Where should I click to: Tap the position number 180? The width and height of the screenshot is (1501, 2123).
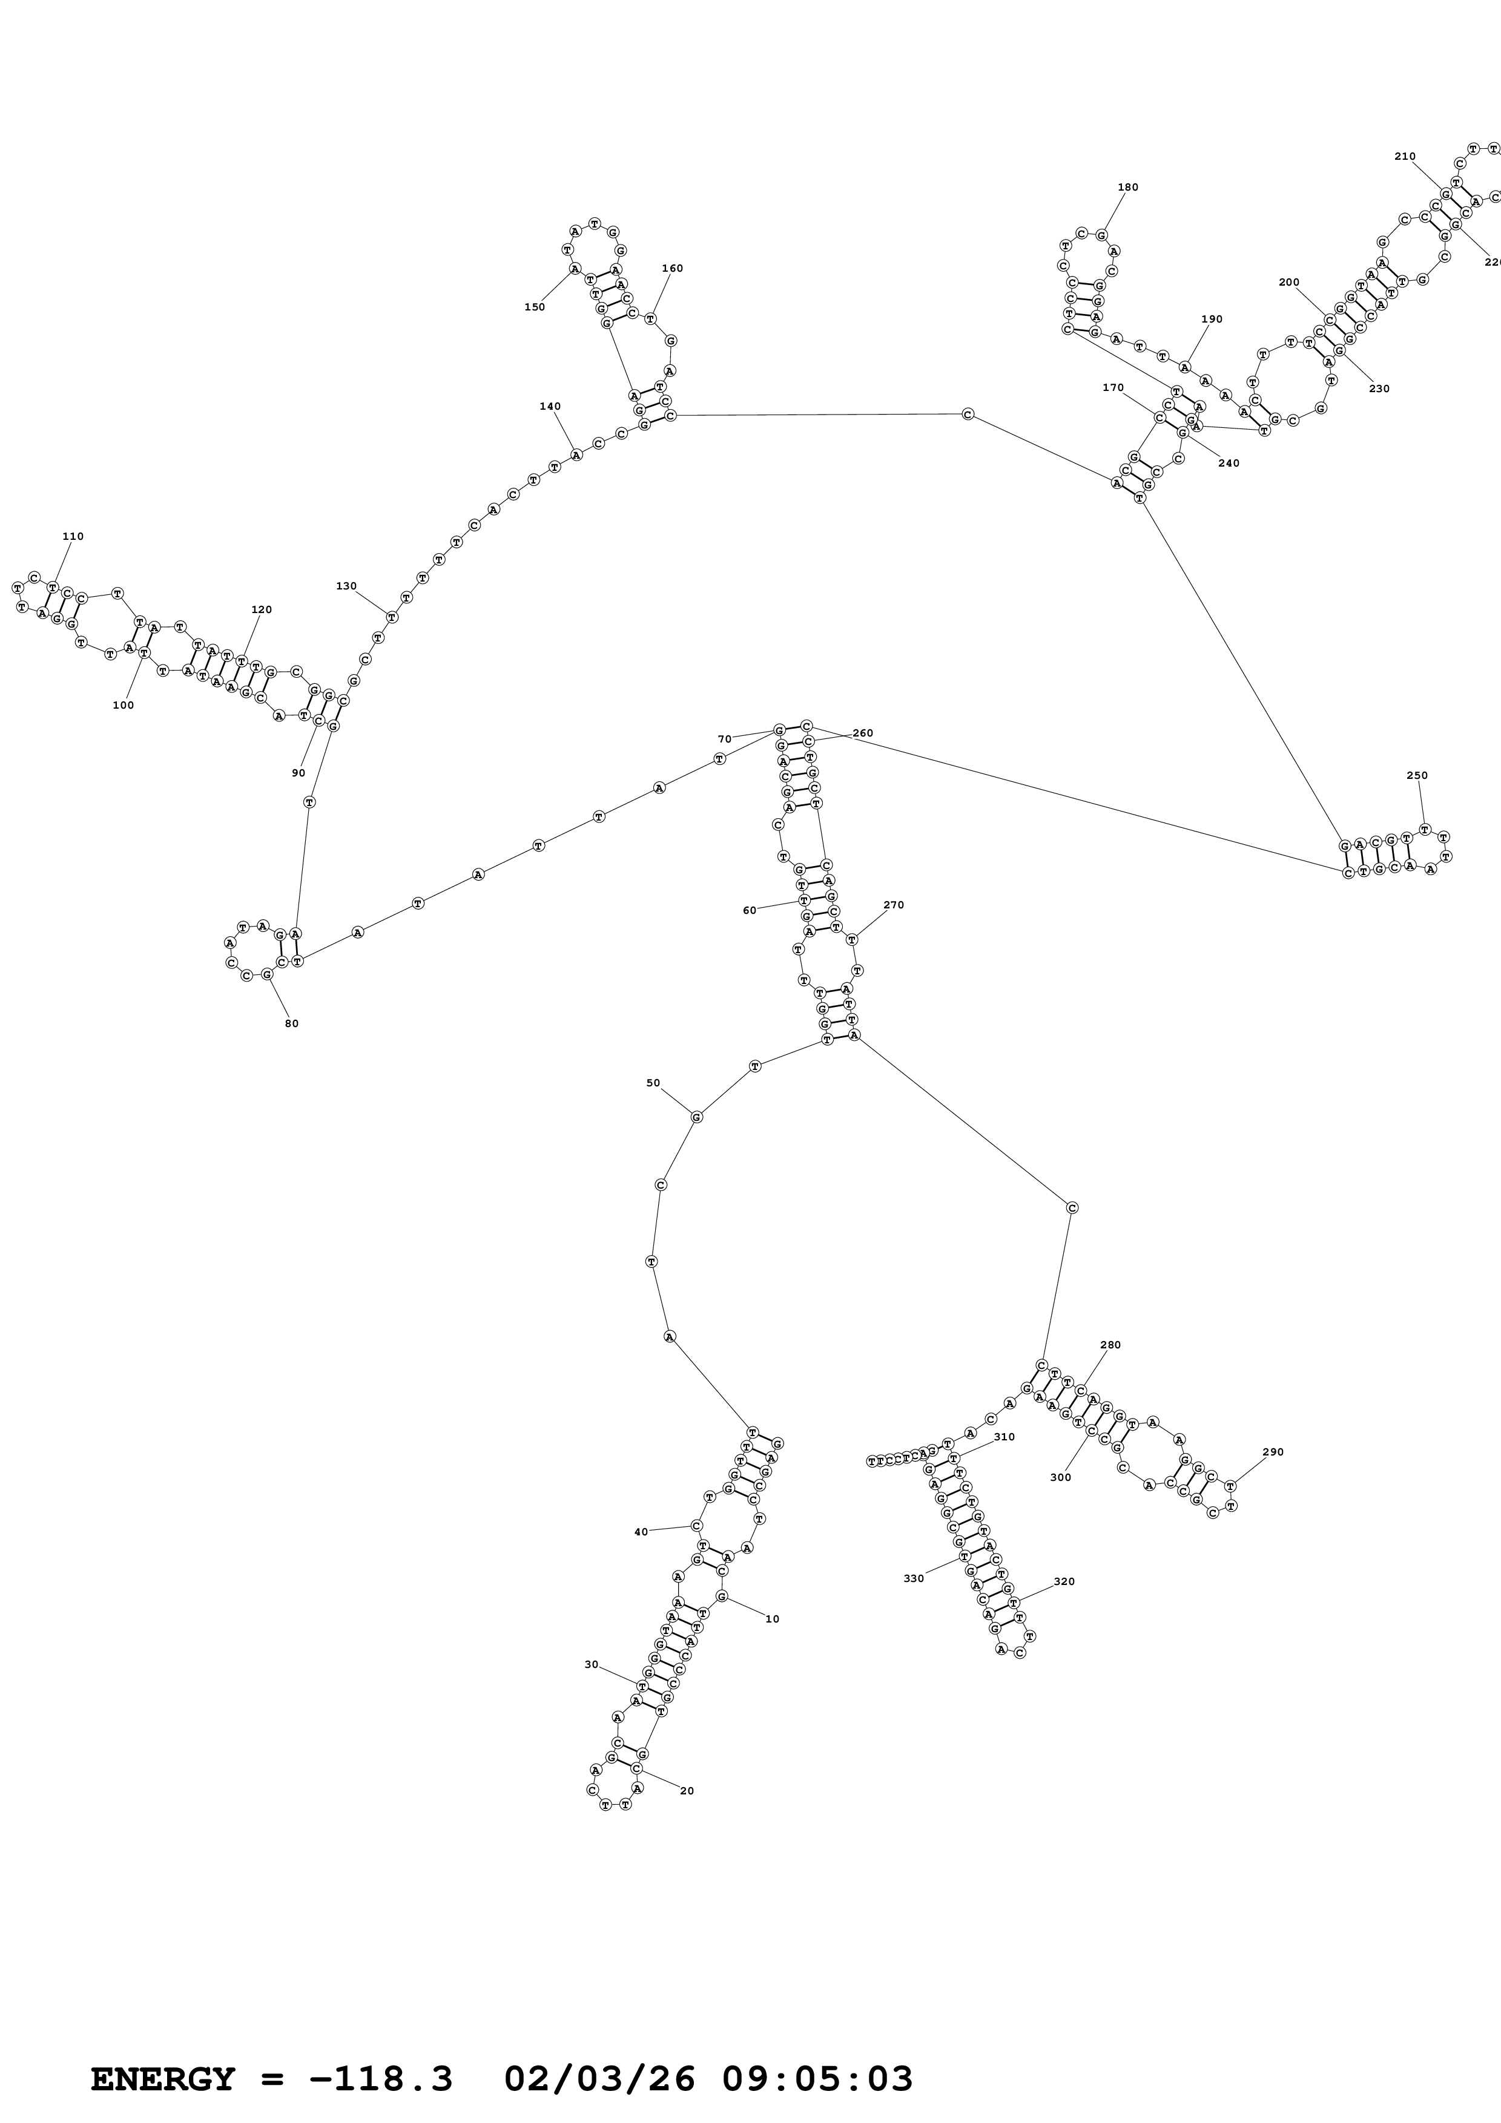tap(1128, 187)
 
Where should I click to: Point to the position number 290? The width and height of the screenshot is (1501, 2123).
tap(1273, 1452)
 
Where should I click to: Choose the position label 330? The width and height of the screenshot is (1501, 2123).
tap(914, 1578)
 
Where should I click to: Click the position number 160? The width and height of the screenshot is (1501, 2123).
tap(672, 268)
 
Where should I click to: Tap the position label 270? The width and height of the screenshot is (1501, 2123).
tap(893, 905)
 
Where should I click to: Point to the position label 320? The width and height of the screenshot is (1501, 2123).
tap(1064, 1581)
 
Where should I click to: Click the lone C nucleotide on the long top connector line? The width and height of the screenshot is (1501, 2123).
tap(968, 414)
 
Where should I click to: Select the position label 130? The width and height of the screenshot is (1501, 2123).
tap(347, 586)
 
